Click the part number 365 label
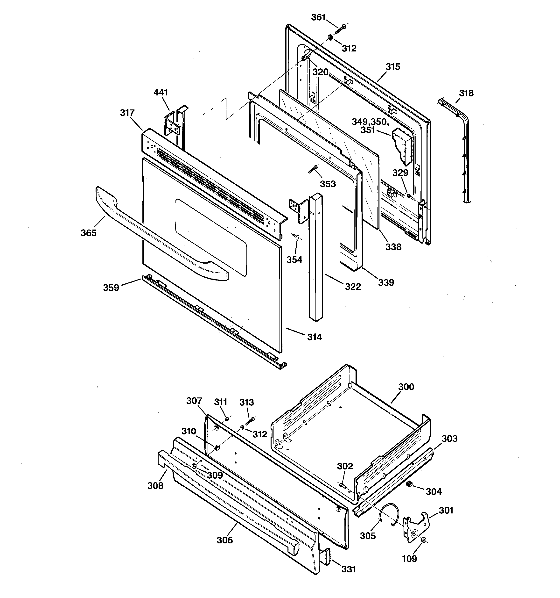pyautogui.click(x=88, y=233)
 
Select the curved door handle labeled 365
pyautogui.click(x=156, y=238)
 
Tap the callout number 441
pyautogui.click(x=161, y=92)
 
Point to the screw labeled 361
pyautogui.click(x=340, y=30)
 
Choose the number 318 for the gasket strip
pyautogui.click(x=466, y=93)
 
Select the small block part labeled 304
pyautogui.click(x=409, y=484)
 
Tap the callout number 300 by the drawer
pyautogui.click(x=406, y=387)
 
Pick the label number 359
pyautogui.click(x=111, y=288)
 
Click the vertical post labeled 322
pyautogui.click(x=315, y=256)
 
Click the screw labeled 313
pyautogui.click(x=250, y=421)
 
